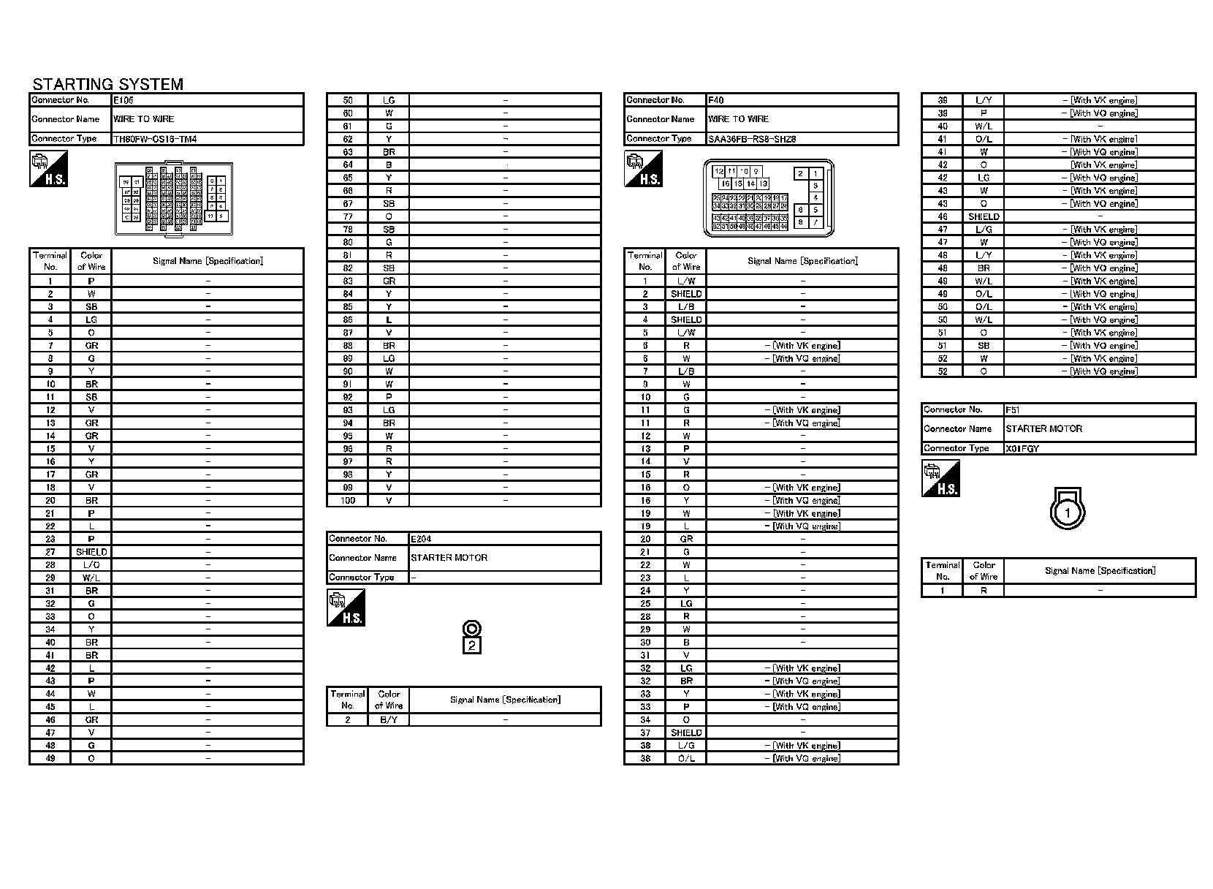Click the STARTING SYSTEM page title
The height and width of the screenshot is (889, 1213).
[107, 84]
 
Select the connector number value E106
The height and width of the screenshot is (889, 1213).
[123, 99]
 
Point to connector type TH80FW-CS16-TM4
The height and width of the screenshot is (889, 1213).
[155, 139]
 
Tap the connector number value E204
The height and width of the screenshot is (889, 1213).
[421, 539]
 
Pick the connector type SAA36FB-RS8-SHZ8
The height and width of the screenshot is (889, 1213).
[752, 139]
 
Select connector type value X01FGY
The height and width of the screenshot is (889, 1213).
[1022, 448]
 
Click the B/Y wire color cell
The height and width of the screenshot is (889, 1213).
[389, 720]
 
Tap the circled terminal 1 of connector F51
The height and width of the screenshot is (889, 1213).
[1067, 512]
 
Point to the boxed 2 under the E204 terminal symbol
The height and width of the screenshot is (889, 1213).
[472, 646]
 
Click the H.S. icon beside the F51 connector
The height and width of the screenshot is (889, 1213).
[940, 479]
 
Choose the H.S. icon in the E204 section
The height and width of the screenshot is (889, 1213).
[346, 608]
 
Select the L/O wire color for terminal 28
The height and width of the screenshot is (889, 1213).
[91, 565]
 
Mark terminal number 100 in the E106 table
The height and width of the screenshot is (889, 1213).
[348, 501]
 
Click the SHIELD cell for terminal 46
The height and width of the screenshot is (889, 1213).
[983, 216]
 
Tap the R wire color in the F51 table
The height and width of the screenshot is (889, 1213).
[984, 591]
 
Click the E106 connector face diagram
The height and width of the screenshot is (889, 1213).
[174, 199]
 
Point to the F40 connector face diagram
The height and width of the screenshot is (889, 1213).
[768, 198]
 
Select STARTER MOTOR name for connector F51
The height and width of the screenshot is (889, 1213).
[1043, 429]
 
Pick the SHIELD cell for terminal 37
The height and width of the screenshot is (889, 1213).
[686, 733]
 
